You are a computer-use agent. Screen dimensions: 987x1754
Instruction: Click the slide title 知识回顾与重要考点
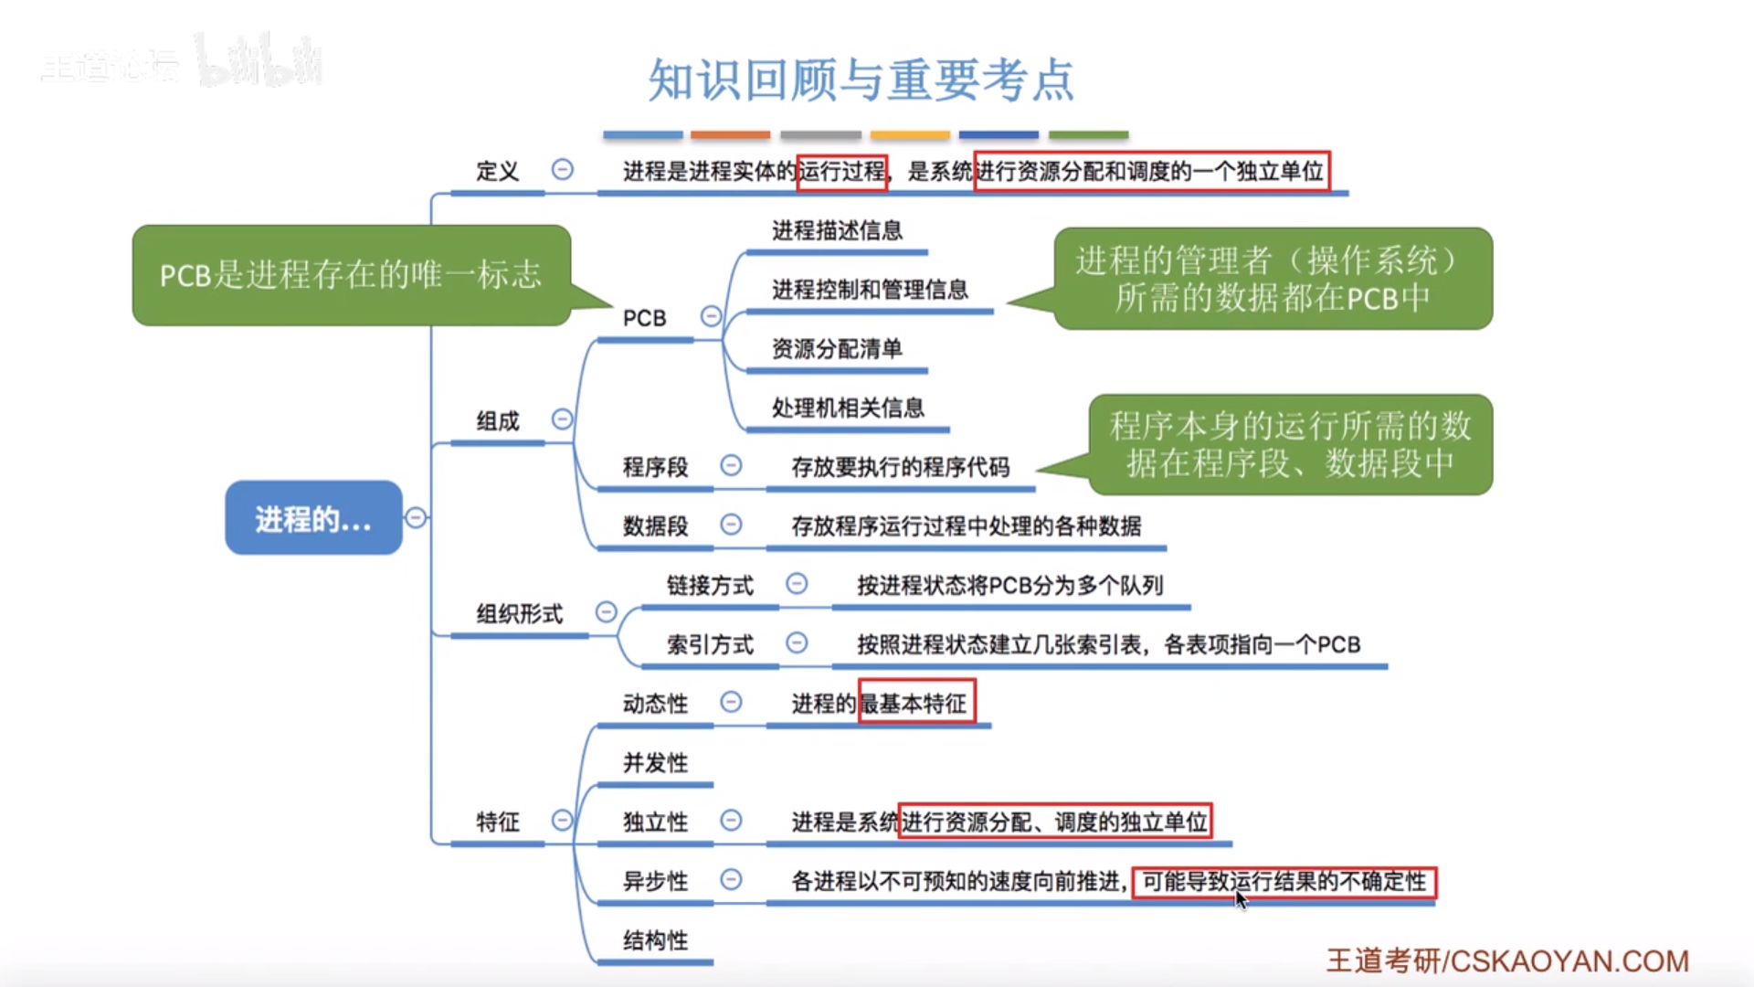(861, 80)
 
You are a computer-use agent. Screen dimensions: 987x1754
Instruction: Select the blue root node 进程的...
(313, 518)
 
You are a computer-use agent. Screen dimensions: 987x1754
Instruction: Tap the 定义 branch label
(497, 171)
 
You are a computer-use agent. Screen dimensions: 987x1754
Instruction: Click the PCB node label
(644, 318)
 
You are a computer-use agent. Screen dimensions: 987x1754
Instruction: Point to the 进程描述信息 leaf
(837, 230)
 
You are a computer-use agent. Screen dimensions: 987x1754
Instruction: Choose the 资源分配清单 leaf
(837, 348)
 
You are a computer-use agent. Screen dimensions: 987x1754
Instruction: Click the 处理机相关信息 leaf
(848, 408)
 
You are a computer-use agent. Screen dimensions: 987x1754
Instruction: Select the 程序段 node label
(655, 467)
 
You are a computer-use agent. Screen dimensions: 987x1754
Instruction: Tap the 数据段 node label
(655, 526)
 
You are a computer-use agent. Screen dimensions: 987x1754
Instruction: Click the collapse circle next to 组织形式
(606, 611)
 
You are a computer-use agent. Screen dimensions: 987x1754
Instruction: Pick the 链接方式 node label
(710, 585)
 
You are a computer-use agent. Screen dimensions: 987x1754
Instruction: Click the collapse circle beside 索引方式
(797, 643)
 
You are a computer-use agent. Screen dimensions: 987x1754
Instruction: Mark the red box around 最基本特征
(916, 703)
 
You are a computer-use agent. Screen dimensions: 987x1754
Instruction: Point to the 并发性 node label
(655, 762)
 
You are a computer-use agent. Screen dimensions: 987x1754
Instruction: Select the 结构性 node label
(655, 939)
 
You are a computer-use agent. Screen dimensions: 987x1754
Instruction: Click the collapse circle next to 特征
(562, 821)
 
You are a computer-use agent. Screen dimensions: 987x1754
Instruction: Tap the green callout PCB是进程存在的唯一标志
(351, 275)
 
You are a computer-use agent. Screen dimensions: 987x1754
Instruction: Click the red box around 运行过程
(841, 172)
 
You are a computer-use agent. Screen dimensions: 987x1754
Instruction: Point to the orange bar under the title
(730, 135)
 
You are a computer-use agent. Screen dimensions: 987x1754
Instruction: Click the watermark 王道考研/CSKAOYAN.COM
(1507, 960)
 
